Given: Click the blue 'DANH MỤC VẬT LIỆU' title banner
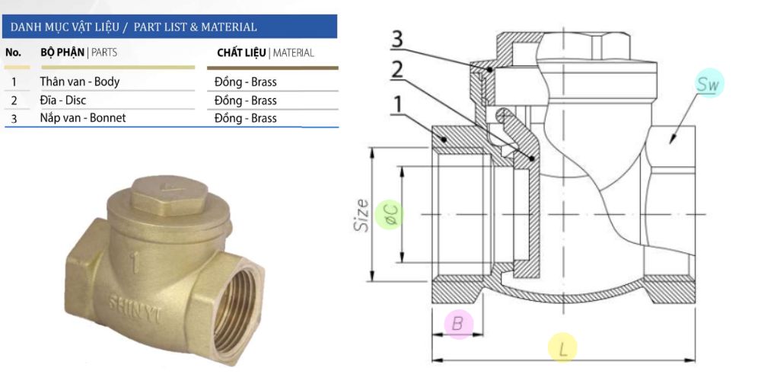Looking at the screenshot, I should click(169, 27).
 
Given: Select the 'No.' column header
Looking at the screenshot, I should click(14, 53).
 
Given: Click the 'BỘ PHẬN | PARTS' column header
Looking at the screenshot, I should click(78, 53).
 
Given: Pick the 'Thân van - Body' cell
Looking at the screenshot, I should click(79, 82).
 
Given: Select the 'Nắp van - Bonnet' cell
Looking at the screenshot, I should click(82, 118).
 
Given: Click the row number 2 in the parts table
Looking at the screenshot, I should click(14, 100).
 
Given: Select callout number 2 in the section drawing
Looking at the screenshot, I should click(396, 70).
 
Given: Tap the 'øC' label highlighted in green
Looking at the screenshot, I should click(391, 214).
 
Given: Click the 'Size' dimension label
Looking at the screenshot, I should click(363, 214).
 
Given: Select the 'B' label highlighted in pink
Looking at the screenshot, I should click(457, 324).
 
